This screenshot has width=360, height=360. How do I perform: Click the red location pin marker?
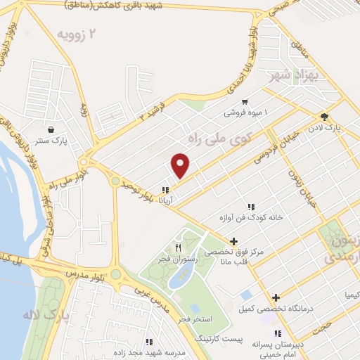181,165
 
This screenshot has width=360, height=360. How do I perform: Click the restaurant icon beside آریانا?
165,190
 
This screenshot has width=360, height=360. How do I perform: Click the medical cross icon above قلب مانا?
233,241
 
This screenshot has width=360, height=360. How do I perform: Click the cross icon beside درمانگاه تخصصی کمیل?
276,297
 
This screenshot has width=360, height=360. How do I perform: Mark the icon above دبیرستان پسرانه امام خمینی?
278,333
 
